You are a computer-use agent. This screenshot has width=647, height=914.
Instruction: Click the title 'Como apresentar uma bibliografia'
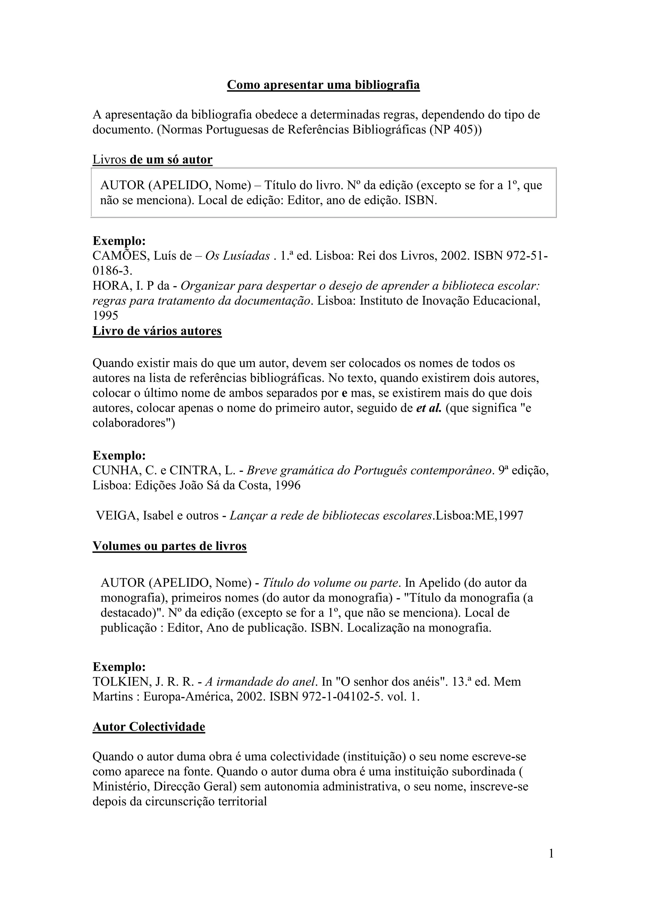(323, 85)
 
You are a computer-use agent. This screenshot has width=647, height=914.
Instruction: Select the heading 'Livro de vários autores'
(157, 331)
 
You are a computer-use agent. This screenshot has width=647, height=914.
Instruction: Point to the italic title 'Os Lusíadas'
(238, 256)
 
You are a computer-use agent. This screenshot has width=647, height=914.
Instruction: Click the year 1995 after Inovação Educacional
(106, 316)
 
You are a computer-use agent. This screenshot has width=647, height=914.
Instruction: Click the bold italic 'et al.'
(429, 408)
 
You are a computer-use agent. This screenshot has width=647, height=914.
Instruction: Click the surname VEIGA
(116, 515)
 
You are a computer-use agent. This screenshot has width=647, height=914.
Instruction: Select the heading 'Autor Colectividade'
(148, 727)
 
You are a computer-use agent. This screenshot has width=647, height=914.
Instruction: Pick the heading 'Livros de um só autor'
(153, 160)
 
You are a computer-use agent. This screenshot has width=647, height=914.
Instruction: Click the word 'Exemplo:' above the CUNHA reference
(119, 455)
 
